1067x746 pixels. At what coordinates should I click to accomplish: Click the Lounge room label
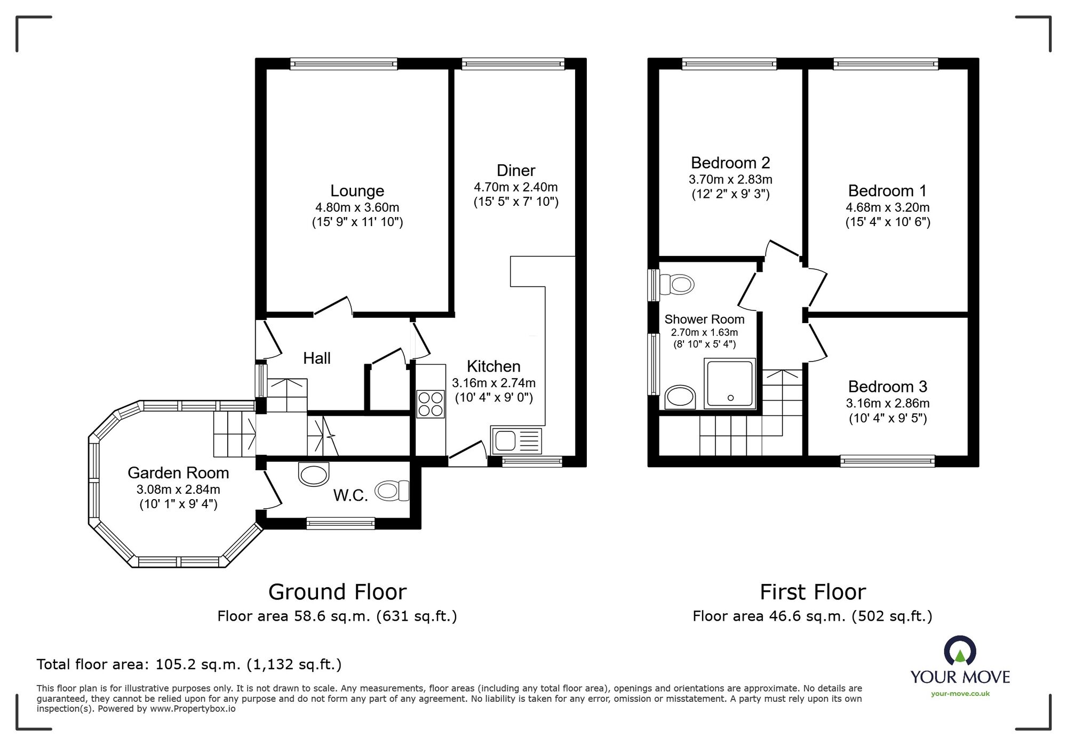coord(357,191)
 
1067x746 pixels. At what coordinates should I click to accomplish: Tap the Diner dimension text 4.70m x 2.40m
coord(515,187)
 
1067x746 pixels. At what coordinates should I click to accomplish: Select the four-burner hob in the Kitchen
coord(430,404)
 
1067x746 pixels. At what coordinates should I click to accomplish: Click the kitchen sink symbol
coord(516,441)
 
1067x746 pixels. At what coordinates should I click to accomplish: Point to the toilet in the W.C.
coord(392,491)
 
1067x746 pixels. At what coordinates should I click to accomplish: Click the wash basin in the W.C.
coord(314,474)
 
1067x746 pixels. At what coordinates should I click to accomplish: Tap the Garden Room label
coord(178,473)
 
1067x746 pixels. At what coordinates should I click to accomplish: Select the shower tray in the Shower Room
coord(730,383)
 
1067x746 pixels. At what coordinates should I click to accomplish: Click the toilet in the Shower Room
coord(676,284)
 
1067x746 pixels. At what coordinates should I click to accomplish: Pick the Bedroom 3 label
coord(887,387)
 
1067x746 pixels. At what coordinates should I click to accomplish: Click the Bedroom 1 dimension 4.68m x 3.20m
coord(887,207)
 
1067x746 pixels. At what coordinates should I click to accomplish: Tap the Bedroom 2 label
coord(730,163)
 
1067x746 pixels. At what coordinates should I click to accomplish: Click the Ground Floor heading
coord(337,592)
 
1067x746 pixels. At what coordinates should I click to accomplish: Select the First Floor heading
coord(812,592)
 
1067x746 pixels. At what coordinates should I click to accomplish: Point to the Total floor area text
coord(189,664)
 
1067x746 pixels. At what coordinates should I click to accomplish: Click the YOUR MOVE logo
coord(960,661)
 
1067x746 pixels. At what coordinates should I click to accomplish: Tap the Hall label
coord(316,358)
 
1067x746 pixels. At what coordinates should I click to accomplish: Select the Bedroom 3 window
coord(887,461)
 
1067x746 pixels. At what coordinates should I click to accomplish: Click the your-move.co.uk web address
coord(960,694)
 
